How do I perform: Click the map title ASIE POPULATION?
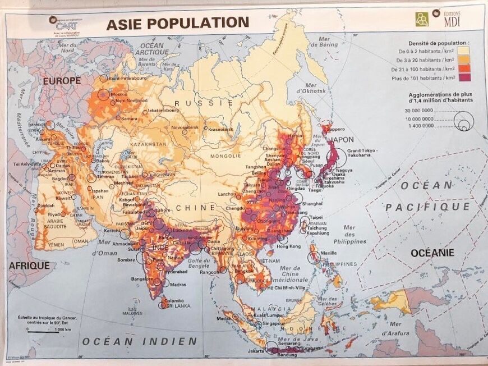point(177,22)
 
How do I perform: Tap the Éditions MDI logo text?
point(452,20)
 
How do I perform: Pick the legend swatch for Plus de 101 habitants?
point(464,78)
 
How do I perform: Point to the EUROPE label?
point(62,81)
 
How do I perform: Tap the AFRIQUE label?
point(29,266)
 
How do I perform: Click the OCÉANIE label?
point(432,253)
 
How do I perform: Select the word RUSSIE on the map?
point(196,103)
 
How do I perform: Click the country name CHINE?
point(196,208)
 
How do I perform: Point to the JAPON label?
point(342,140)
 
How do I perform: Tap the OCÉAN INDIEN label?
point(140,341)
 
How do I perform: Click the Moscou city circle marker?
point(104,94)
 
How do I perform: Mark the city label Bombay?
point(126,260)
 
